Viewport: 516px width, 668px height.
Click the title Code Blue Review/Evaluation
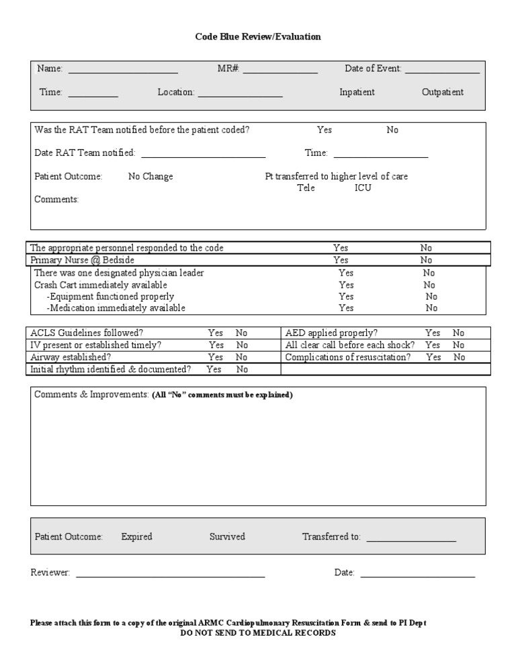pyautogui.click(x=258, y=37)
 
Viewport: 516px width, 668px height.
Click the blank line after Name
pyautogui.click(x=123, y=70)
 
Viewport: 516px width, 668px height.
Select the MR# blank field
pyautogui.click(x=280, y=70)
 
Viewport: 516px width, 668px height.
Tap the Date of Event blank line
pyautogui.click(x=442, y=70)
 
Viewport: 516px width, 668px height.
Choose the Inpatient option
pyautogui.click(x=357, y=93)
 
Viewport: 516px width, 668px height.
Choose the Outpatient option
pyautogui.click(x=442, y=93)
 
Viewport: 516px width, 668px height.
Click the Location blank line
pyautogui.click(x=240, y=94)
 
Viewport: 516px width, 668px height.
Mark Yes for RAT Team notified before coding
pyautogui.click(x=325, y=130)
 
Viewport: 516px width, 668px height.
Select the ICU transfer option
pyautogui.click(x=363, y=188)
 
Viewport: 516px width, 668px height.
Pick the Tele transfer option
pyautogui.click(x=306, y=188)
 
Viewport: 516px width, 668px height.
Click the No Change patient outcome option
pyautogui.click(x=150, y=177)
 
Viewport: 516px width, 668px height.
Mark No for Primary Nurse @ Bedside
pyautogui.click(x=426, y=260)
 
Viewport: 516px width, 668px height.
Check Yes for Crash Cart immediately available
pyautogui.click(x=346, y=285)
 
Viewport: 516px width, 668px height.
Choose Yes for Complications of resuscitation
pyautogui.click(x=433, y=358)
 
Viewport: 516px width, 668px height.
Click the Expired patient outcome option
pyautogui.click(x=136, y=537)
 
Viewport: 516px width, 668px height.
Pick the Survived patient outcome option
pyautogui.click(x=227, y=537)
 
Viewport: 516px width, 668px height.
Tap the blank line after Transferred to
pyautogui.click(x=411, y=538)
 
